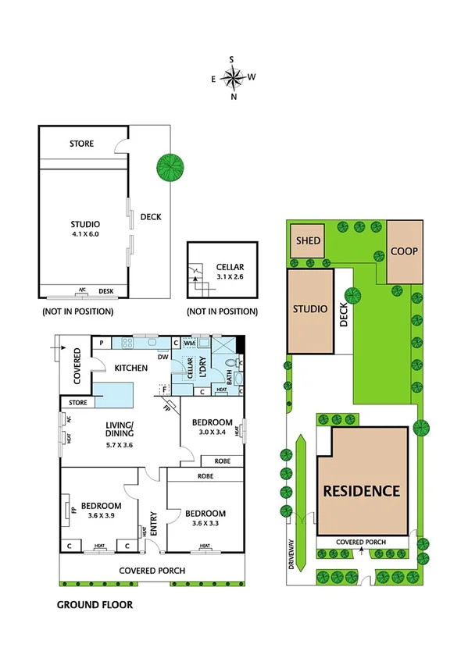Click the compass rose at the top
(233, 77)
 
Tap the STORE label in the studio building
(81, 144)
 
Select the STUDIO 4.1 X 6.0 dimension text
(86, 229)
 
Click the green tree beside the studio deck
(170, 165)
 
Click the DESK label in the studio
(105, 292)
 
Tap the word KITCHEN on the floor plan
(131, 367)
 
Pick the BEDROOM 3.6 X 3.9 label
(99, 510)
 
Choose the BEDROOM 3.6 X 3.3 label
(205, 518)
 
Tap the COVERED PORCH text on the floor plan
(152, 571)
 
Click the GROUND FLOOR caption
(95, 604)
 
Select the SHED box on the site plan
(308, 240)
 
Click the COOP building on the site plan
(405, 251)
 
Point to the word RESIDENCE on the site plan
(362, 491)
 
